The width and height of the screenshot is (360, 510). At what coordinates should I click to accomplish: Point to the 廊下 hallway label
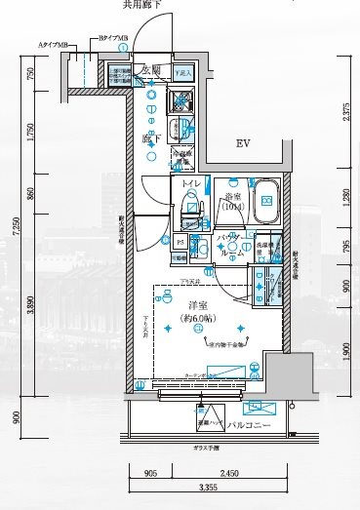pos(151,138)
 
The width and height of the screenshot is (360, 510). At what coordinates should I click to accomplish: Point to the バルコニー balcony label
pos(244,425)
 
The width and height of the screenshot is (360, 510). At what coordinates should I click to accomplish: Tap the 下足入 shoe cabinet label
pos(182,73)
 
